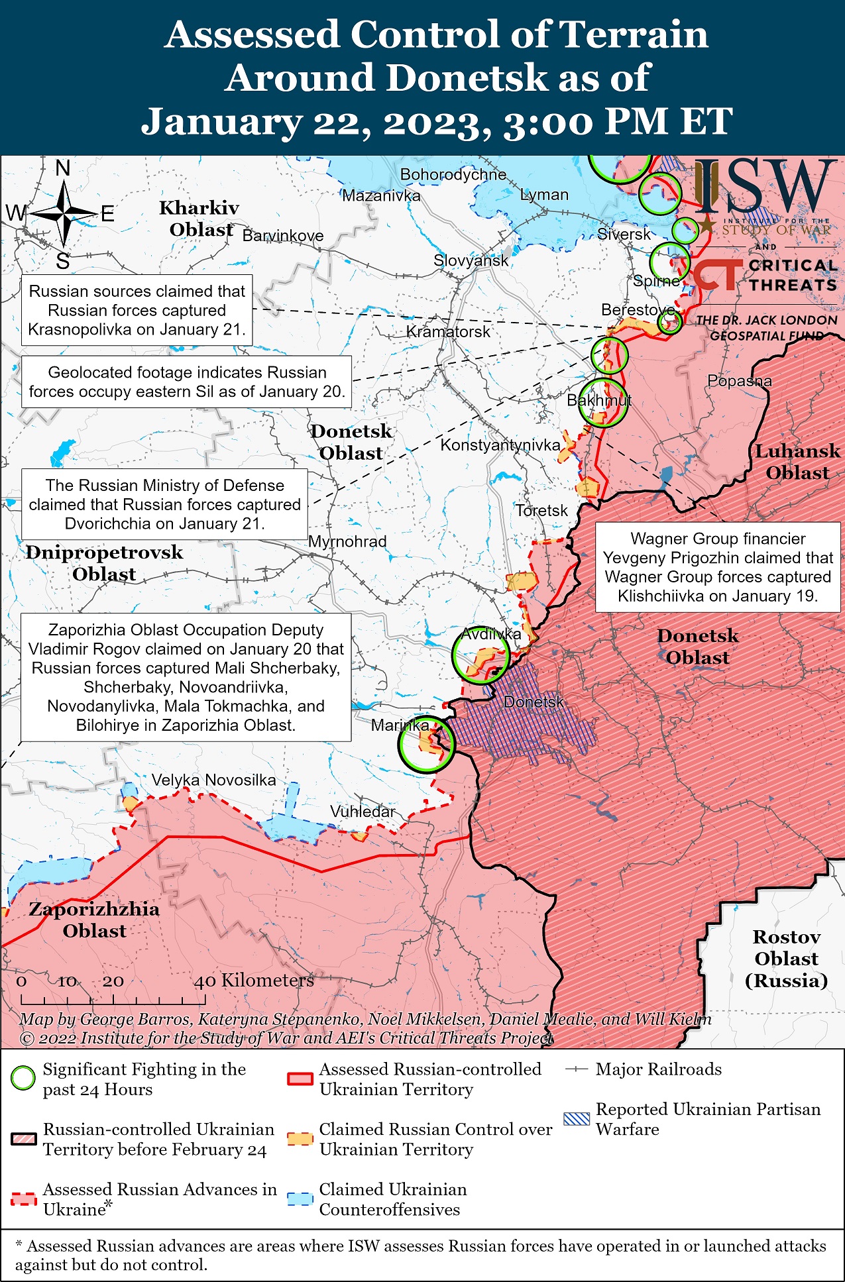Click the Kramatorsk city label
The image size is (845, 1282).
448,332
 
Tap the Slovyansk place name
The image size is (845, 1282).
471,260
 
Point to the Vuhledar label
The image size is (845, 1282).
363,812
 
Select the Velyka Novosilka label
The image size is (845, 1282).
213,780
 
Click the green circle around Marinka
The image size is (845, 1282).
427,744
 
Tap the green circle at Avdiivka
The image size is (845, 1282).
480,656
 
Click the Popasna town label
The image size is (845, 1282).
740,381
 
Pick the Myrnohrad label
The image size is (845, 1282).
347,541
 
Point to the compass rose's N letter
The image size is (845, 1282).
63,168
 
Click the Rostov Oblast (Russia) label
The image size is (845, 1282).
786,959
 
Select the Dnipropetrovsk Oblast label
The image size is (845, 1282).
104,563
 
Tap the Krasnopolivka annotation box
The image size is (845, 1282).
137,310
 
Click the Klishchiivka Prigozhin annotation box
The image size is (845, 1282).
718,567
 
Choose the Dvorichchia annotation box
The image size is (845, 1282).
164,504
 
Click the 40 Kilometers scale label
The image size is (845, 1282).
254,981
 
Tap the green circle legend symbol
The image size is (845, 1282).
23,1079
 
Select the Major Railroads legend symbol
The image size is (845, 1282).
577,1069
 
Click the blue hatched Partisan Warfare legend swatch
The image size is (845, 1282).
575,1119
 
